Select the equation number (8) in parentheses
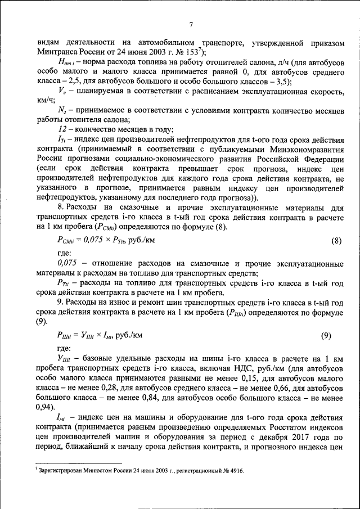(334, 241)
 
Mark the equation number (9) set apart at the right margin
(326, 336)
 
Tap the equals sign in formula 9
(76, 336)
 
